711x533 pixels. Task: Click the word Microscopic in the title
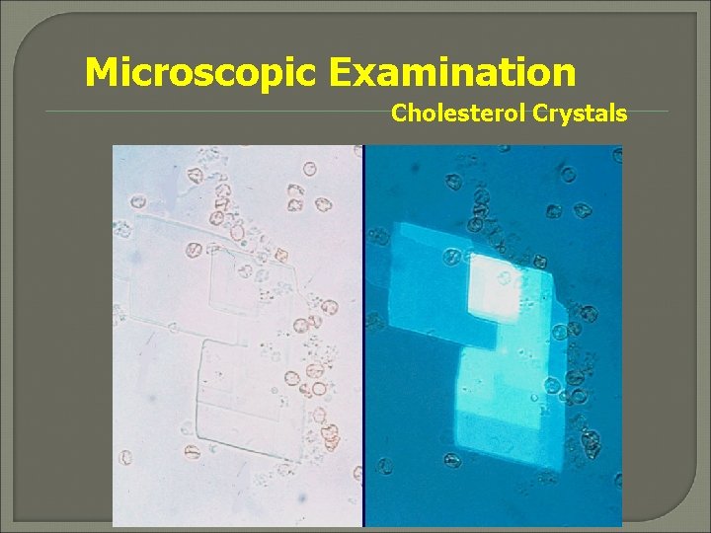[203, 72]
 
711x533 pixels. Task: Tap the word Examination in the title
[453, 72]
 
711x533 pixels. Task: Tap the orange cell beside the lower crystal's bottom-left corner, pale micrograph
[191, 451]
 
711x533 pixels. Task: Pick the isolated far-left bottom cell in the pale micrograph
[125, 457]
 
